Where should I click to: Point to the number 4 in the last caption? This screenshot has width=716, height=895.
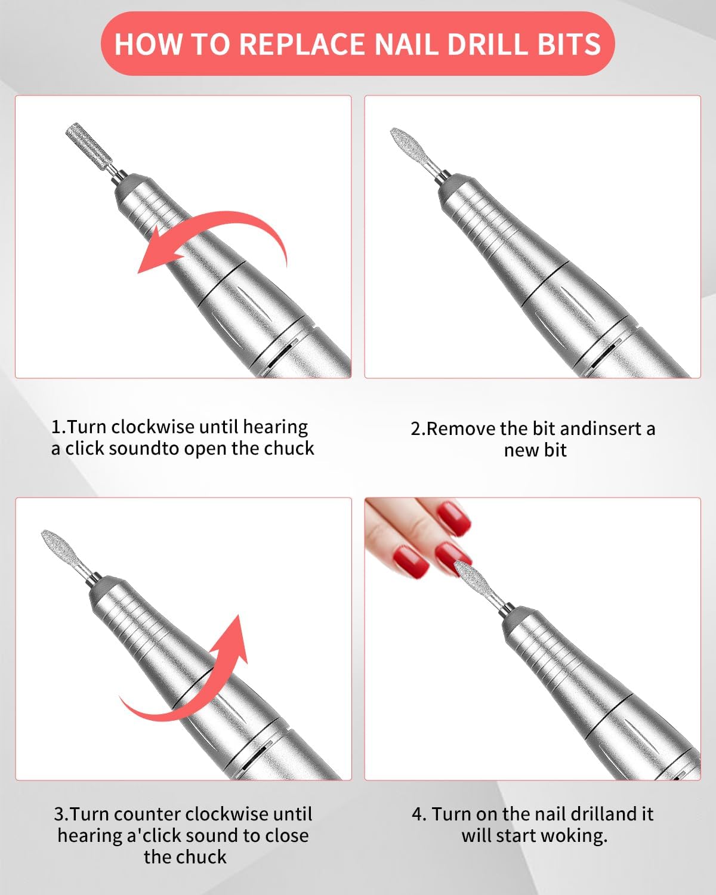tap(417, 814)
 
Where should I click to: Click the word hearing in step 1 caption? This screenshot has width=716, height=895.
tap(276, 428)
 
